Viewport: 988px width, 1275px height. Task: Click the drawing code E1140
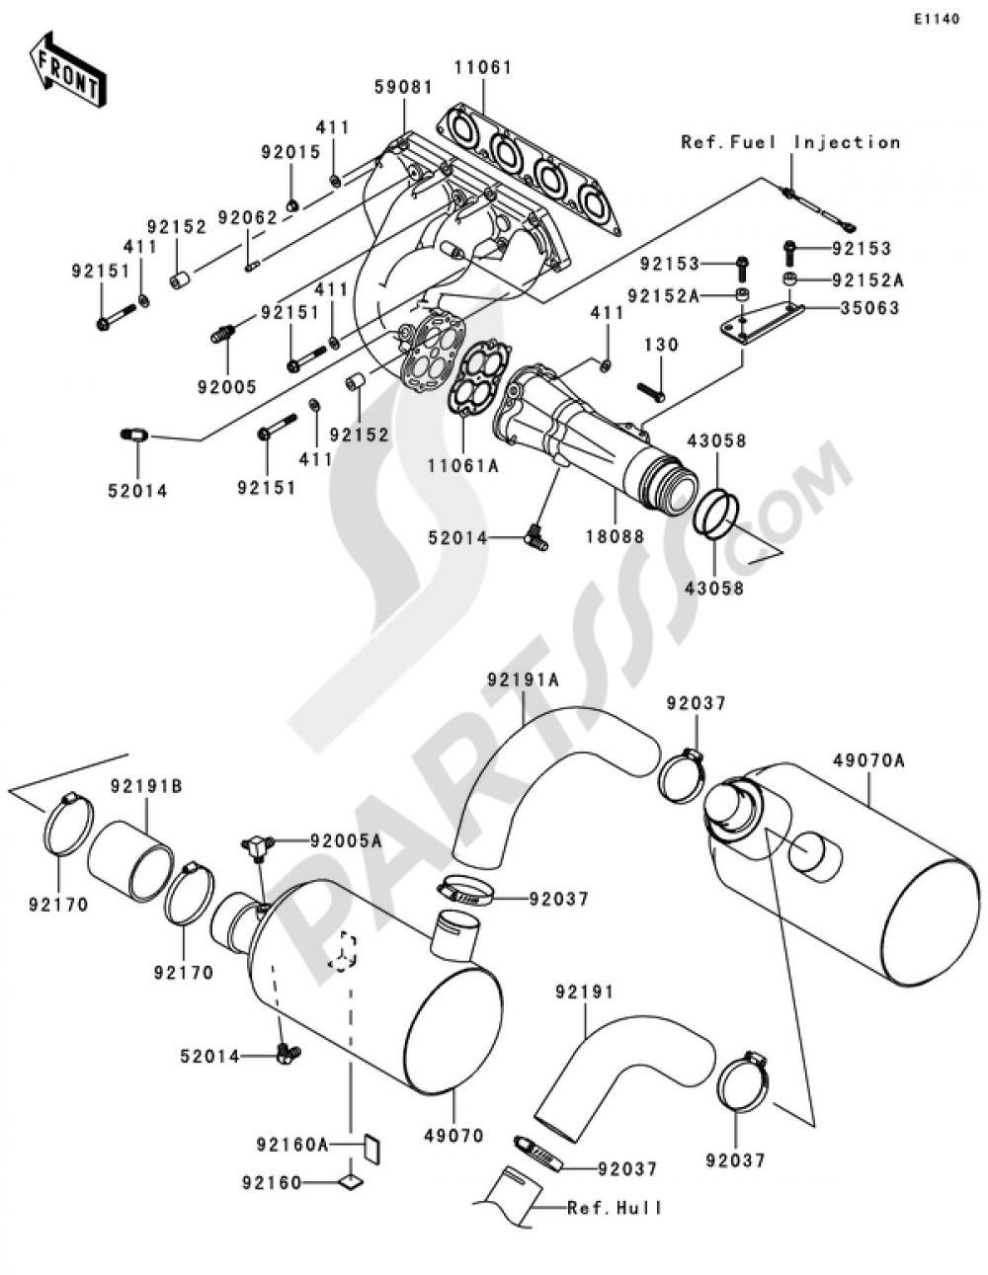(935, 19)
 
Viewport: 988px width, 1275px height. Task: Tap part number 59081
(403, 88)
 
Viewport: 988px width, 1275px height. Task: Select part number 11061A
(462, 462)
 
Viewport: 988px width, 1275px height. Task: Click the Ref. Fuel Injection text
(790, 142)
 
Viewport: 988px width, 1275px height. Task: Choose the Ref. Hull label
(615, 1208)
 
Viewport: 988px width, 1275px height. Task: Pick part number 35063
(869, 308)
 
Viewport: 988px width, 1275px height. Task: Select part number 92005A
(345, 840)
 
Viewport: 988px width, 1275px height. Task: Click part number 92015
(290, 153)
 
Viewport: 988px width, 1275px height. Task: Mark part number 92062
(248, 215)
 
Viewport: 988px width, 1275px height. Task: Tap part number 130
(662, 345)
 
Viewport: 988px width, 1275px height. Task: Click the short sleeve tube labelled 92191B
(130, 857)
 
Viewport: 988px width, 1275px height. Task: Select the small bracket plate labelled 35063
(762, 323)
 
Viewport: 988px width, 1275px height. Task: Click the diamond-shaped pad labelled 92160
(350, 1180)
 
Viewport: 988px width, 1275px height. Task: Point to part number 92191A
(523, 679)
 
